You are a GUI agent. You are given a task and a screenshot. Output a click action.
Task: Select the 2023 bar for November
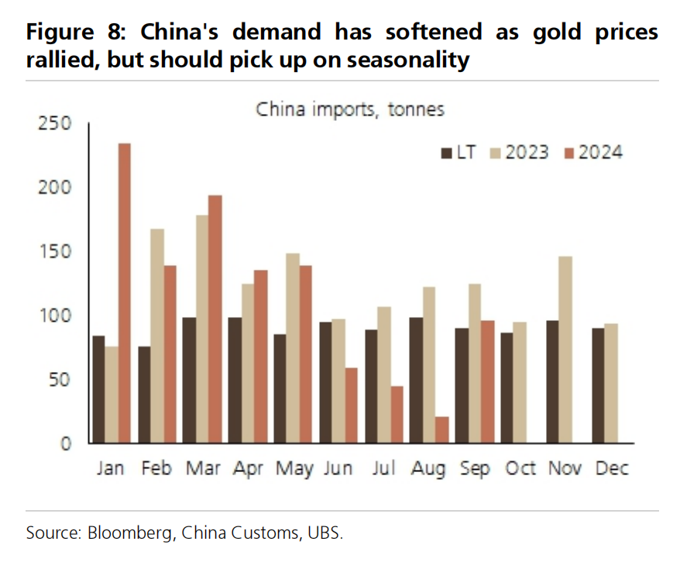tap(566, 350)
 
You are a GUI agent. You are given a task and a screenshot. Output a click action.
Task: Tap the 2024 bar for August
tap(441, 430)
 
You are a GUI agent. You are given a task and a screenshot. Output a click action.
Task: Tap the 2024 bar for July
tap(397, 415)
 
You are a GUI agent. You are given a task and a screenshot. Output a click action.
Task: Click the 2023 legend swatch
tap(495, 152)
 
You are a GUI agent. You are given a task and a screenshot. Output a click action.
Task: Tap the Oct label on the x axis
tap(520, 468)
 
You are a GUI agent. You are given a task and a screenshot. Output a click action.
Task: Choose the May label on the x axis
tap(294, 468)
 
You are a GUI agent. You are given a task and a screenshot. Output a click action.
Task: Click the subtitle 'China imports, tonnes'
tap(350, 109)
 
